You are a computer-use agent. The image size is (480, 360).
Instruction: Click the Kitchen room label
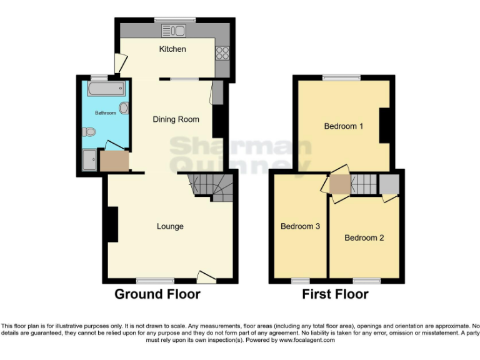pyautogui.click(x=172, y=49)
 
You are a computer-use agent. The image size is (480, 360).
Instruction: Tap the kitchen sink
pyautogui.click(x=173, y=31)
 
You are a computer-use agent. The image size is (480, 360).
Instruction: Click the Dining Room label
pyautogui.click(x=176, y=119)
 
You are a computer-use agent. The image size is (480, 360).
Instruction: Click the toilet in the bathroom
pyautogui.click(x=89, y=132)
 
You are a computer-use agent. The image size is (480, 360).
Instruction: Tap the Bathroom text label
pyautogui.click(x=106, y=113)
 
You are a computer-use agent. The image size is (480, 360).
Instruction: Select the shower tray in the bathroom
pyautogui.click(x=91, y=161)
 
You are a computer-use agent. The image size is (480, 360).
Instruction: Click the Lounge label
pyautogui.click(x=170, y=226)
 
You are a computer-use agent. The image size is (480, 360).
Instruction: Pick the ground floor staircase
pyautogui.click(x=212, y=186)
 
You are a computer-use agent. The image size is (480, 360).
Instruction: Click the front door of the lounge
pyautogui.click(x=206, y=276)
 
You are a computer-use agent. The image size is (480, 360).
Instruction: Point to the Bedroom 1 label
pyautogui.click(x=344, y=126)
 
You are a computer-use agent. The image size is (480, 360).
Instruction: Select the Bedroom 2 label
pyautogui.click(x=364, y=238)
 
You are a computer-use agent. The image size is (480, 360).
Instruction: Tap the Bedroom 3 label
pyautogui.click(x=300, y=226)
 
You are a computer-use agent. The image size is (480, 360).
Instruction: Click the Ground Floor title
pyautogui.click(x=157, y=294)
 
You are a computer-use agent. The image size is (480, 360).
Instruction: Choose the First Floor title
pyautogui.click(x=336, y=294)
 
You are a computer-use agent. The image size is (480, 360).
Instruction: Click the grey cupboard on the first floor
pyautogui.click(x=389, y=184)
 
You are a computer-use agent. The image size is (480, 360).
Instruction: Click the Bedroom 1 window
pyautogui.click(x=341, y=78)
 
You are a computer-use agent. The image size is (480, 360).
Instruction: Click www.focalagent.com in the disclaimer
pyautogui.click(x=307, y=341)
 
